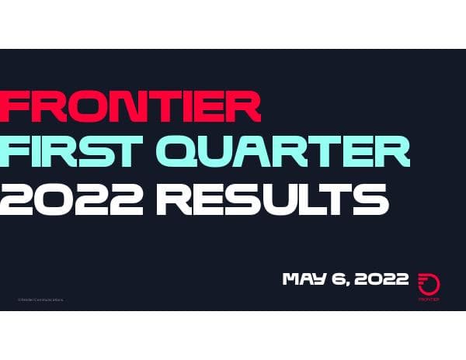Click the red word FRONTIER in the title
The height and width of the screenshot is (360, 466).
click(130, 107)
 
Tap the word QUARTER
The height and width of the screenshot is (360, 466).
click(299, 154)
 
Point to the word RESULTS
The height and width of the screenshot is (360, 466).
click(272, 199)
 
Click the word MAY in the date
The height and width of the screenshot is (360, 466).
click(304, 279)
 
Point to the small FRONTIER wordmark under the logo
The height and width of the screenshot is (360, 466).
click(428, 299)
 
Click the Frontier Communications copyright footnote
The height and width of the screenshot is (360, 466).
click(40, 299)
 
